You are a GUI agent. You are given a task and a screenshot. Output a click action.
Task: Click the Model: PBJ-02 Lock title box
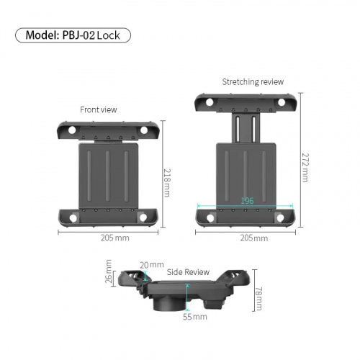73,35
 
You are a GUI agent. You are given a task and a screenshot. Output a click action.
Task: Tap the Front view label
99,109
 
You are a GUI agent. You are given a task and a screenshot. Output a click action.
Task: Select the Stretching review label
253,82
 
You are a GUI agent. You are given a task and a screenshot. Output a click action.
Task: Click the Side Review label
188,272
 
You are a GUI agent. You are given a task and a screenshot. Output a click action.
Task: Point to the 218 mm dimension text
167,183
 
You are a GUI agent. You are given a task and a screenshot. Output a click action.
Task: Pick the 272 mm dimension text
305,168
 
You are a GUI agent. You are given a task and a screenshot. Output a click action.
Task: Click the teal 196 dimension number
247,201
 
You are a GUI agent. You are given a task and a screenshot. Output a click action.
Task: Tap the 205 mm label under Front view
115,238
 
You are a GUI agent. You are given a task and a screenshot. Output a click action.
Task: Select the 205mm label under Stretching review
254,238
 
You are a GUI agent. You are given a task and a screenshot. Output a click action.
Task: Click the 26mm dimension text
109,271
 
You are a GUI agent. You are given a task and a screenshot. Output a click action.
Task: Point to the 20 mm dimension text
152,265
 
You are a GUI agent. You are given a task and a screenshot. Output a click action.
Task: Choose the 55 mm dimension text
195,317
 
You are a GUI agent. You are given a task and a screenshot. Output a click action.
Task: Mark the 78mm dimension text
258,299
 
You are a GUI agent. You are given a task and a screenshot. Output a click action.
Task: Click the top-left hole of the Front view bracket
72,130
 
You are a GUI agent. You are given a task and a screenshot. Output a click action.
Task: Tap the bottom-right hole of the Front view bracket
143,217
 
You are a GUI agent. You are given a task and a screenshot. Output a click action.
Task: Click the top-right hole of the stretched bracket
282,102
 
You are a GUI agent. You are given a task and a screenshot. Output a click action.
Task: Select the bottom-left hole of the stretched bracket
210,218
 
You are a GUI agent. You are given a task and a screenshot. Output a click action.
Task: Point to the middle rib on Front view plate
108,176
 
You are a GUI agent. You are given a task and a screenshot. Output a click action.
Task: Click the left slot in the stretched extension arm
238,128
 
